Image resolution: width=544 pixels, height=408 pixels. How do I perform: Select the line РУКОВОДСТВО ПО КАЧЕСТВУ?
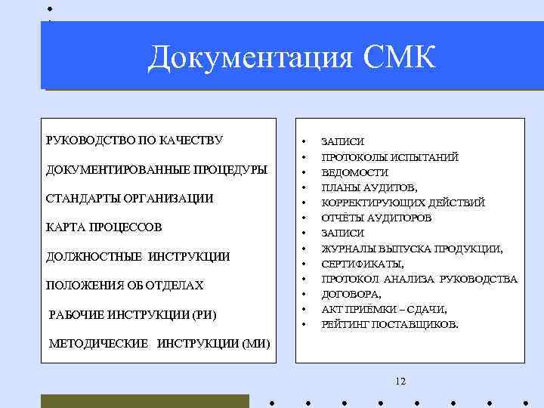point(134,140)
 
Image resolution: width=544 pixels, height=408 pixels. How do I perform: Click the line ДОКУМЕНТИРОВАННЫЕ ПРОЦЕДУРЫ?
point(156,168)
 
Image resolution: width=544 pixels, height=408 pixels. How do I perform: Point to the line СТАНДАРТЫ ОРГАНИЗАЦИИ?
point(130,198)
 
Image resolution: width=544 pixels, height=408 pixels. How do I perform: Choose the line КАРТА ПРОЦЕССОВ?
point(104,227)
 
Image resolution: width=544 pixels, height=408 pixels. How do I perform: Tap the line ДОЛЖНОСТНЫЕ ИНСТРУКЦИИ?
point(138,256)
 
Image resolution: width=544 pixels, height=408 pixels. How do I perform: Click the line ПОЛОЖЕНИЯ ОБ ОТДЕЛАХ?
point(125,285)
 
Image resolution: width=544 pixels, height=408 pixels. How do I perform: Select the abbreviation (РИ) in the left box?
point(207,314)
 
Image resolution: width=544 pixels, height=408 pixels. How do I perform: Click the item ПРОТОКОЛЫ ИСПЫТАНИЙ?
point(390,157)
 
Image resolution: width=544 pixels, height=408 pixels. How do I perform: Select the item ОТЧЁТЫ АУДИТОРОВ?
point(376,218)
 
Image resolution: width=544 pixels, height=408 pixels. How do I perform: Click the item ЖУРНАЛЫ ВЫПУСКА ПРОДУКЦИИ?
point(412,249)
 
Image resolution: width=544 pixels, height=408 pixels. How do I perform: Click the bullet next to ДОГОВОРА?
point(304,294)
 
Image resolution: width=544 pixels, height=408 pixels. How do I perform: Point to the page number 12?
point(400,381)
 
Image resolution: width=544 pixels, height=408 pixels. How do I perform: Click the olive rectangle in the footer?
point(144,400)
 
